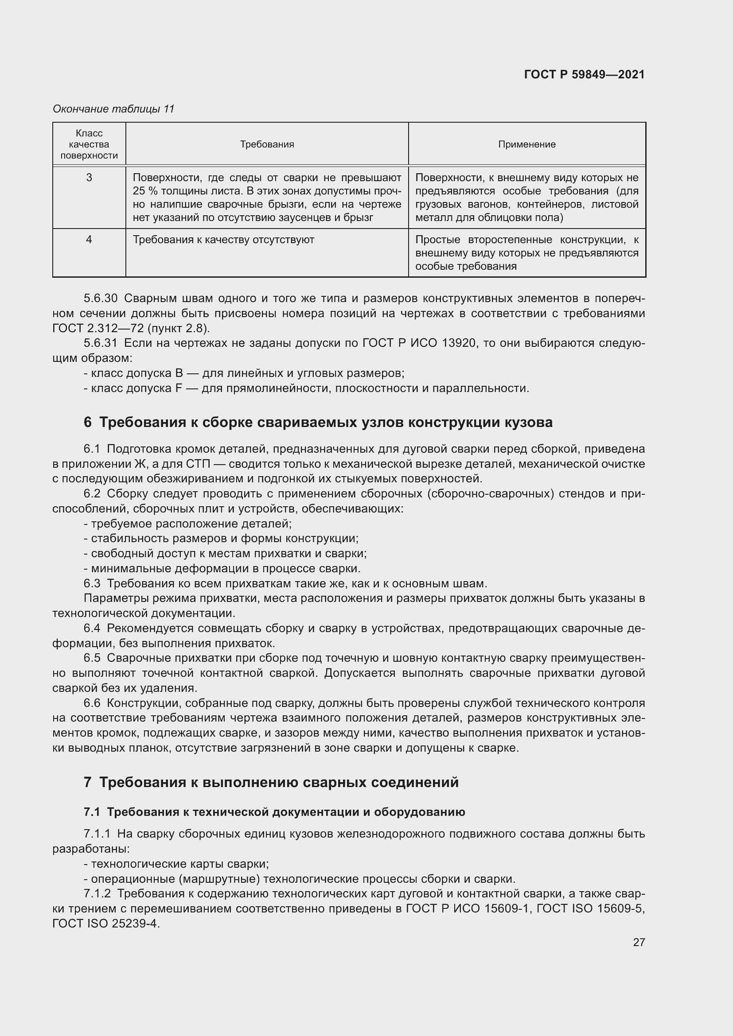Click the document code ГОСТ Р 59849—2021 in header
(x=584, y=74)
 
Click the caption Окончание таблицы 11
(x=113, y=109)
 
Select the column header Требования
(x=267, y=144)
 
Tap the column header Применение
(x=527, y=144)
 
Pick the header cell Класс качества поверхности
(x=89, y=144)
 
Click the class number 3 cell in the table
(x=89, y=178)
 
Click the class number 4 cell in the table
(x=89, y=240)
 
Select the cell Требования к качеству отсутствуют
(x=223, y=240)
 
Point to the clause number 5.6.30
(x=100, y=298)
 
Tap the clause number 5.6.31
(x=100, y=343)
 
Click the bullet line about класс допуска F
(x=306, y=388)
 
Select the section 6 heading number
(x=88, y=423)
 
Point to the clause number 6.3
(x=92, y=583)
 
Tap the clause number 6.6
(x=92, y=703)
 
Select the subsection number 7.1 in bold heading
(x=92, y=812)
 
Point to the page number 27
(x=639, y=942)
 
